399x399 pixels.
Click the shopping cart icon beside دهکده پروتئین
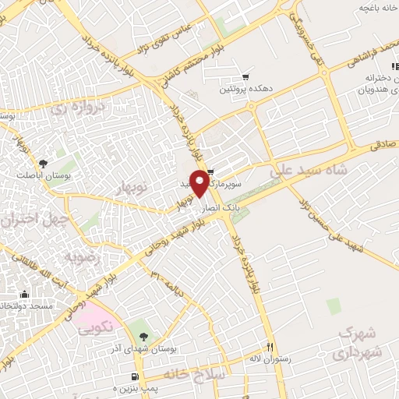pyautogui.click(x=245, y=77)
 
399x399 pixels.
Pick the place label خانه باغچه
pyautogui.click(x=373, y=7)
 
